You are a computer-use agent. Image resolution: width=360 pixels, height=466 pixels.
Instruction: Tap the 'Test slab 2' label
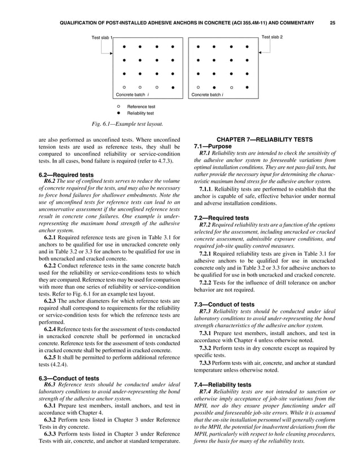(x=271, y=37)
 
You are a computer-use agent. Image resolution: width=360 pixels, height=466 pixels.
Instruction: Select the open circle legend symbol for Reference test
(x=118, y=106)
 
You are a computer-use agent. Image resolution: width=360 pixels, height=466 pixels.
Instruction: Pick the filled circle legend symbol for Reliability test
(x=118, y=113)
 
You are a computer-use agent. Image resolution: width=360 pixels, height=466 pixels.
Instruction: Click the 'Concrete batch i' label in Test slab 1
(x=132, y=95)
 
